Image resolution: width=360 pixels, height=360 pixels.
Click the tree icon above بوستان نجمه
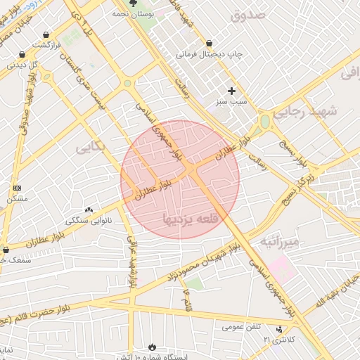(x=133, y=4)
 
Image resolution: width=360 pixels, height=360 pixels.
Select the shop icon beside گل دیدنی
(x=22, y=54)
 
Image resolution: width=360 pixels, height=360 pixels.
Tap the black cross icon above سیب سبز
(x=231, y=90)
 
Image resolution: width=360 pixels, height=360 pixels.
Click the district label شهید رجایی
(x=313, y=111)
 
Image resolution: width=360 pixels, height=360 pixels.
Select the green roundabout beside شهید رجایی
(x=265, y=121)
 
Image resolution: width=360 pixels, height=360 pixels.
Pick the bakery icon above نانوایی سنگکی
(x=89, y=209)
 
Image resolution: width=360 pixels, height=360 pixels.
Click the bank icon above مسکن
(x=17, y=188)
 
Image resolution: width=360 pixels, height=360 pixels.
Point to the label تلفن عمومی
(x=241, y=327)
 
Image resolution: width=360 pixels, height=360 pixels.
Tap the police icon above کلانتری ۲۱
(x=280, y=329)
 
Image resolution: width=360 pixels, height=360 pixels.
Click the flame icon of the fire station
(x=153, y=347)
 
